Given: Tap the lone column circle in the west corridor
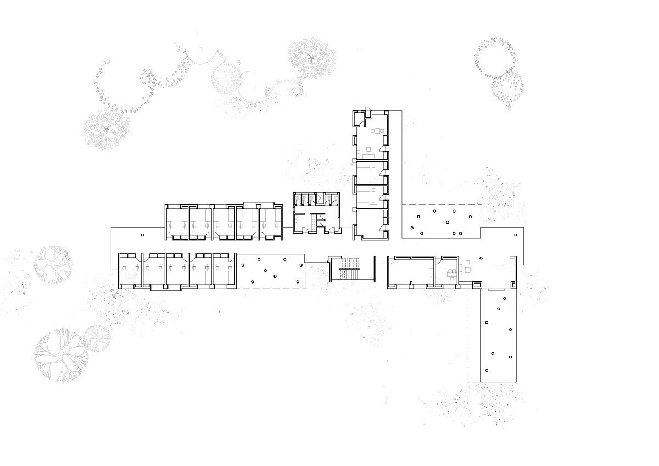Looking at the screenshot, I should [142, 235].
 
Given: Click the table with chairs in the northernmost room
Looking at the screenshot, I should [377, 131].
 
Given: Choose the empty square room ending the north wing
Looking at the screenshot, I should [371, 224].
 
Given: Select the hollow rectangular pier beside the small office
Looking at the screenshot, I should [477, 285].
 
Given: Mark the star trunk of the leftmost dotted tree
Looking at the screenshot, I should [107, 130].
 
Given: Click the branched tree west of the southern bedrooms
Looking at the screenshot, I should [53, 262].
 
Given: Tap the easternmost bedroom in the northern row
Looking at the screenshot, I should [270, 223].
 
